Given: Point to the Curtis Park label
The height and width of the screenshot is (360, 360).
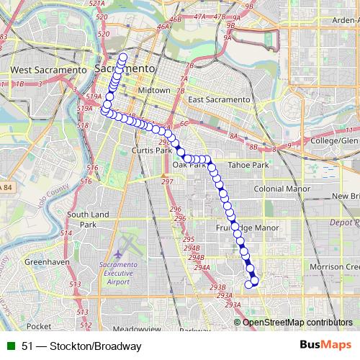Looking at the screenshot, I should [x=152, y=150].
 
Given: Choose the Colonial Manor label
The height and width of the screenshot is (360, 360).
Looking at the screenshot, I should [x=281, y=190].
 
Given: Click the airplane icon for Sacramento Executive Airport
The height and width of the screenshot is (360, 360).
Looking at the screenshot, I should [x=117, y=254].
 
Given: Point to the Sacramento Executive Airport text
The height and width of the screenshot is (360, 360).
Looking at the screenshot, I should [x=137, y=274].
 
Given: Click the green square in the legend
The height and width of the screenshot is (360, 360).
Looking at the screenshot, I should [x=10, y=346].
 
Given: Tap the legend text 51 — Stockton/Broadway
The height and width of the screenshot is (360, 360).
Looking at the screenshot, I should [x=81, y=346].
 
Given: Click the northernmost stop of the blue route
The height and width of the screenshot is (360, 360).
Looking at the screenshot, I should [x=123, y=57].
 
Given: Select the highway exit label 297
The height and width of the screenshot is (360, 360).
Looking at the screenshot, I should [x=168, y=181].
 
